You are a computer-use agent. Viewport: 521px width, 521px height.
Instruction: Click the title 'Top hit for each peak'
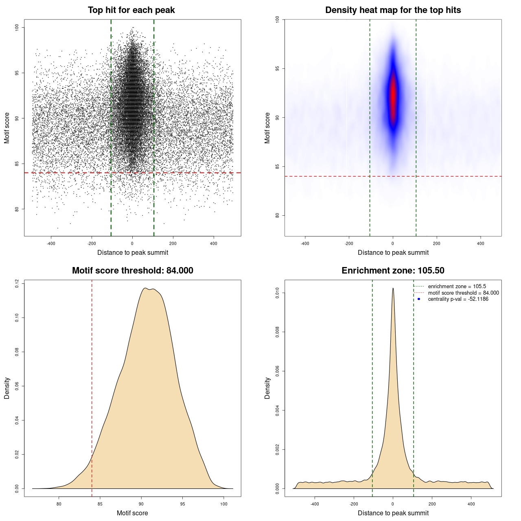click(x=131, y=10)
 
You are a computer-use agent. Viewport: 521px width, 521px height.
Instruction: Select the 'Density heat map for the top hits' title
click(x=393, y=10)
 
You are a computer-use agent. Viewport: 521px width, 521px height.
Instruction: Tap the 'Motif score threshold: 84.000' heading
click(x=132, y=271)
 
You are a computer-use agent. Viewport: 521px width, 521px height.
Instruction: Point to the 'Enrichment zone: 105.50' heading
click(x=393, y=271)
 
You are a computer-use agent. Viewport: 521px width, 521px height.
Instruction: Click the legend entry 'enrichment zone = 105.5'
click(x=457, y=287)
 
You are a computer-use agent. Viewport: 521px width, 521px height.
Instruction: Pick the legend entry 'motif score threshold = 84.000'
click(x=463, y=293)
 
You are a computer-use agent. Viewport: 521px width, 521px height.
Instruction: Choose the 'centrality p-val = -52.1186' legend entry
click(x=458, y=299)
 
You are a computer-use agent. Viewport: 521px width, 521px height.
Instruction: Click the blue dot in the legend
click(x=419, y=299)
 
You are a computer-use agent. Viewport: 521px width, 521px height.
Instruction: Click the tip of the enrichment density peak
click(x=393, y=288)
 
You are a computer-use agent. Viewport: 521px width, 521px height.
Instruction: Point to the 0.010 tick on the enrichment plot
click(x=278, y=293)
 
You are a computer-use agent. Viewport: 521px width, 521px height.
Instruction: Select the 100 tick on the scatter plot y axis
click(x=17, y=27)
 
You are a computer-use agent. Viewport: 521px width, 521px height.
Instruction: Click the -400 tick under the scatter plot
click(x=51, y=244)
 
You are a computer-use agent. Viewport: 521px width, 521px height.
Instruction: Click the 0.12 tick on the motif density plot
click(x=17, y=283)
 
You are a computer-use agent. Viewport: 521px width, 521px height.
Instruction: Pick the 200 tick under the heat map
click(x=437, y=244)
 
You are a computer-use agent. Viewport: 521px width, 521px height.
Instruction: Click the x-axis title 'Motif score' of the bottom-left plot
click(x=132, y=513)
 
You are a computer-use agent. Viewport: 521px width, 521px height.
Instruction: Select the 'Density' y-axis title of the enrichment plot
click(x=267, y=388)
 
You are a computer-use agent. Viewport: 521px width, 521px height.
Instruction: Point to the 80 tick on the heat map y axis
click(x=278, y=215)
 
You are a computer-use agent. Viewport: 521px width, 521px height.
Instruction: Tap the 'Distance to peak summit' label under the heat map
click(x=393, y=253)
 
